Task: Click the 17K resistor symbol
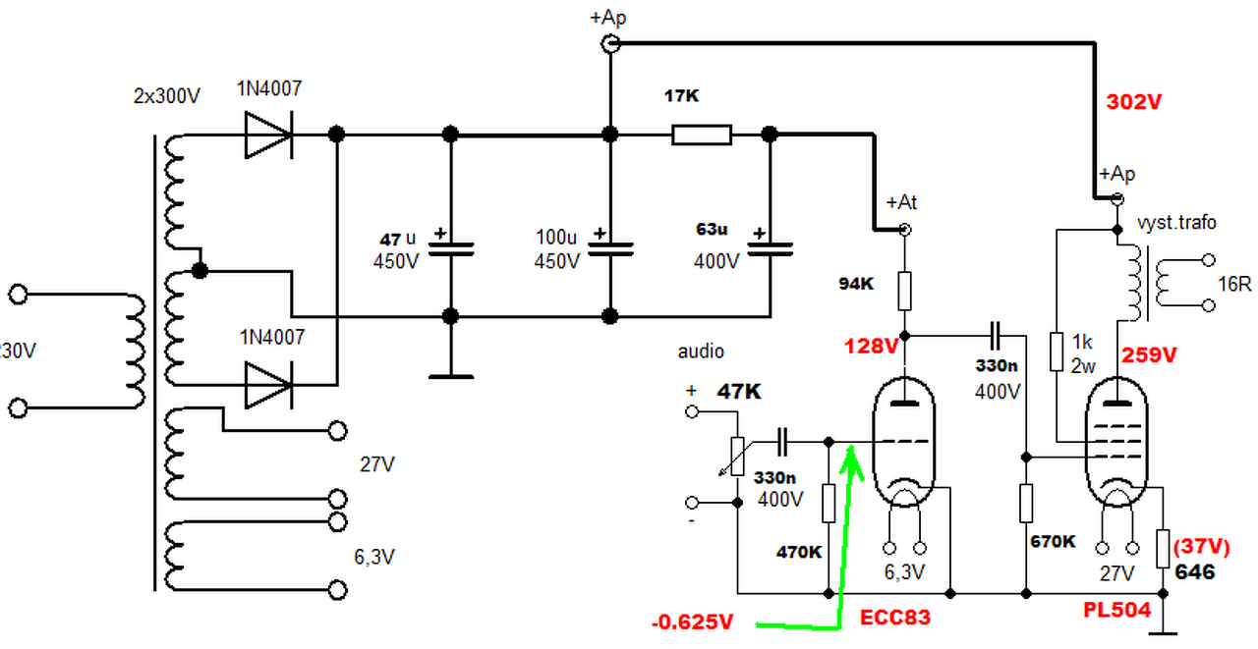click(x=702, y=135)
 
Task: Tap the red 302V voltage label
click(x=1133, y=102)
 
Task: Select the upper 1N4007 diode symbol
click(x=268, y=135)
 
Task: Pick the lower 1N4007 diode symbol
click(x=268, y=385)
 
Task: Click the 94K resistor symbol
click(x=904, y=291)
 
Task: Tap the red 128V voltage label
click(x=871, y=346)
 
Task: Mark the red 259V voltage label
click(x=1149, y=354)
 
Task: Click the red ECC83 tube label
click(x=895, y=617)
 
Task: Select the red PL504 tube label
click(x=1117, y=610)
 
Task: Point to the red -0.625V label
click(x=693, y=622)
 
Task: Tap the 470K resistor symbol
click(x=829, y=503)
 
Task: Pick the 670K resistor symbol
click(x=1026, y=503)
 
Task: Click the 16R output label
click(x=1234, y=285)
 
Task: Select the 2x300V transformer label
click(x=167, y=96)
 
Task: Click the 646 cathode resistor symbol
click(x=1163, y=548)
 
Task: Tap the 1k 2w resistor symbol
click(x=1057, y=352)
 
